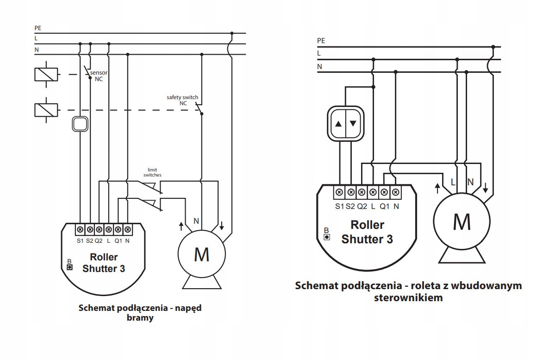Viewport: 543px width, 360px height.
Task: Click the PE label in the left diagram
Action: [x=37, y=28]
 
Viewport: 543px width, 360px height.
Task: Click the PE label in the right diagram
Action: [x=321, y=41]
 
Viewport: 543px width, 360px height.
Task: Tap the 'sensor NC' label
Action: [x=98, y=76]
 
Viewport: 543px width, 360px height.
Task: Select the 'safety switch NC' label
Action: [x=182, y=100]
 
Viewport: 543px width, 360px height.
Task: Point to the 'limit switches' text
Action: [x=152, y=172]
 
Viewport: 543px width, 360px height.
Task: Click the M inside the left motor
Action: [x=201, y=254]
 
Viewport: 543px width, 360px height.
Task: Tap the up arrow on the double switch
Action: [x=338, y=124]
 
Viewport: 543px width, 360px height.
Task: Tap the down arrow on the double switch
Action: [x=353, y=124]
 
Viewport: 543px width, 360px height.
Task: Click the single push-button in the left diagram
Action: [x=80, y=124]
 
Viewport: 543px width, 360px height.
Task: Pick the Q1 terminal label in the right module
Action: [x=384, y=206]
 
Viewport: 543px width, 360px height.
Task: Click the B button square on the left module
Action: [x=69, y=267]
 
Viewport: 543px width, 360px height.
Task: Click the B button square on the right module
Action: [x=327, y=237]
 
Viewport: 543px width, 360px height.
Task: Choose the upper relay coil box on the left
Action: [x=46, y=74]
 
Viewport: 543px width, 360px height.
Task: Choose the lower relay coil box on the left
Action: [x=46, y=110]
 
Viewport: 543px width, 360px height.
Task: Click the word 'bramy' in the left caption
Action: [x=141, y=318]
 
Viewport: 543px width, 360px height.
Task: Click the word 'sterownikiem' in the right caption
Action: [x=408, y=297]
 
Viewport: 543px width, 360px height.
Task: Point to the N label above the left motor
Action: [x=196, y=221]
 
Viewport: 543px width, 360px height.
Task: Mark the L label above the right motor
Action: [x=453, y=183]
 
